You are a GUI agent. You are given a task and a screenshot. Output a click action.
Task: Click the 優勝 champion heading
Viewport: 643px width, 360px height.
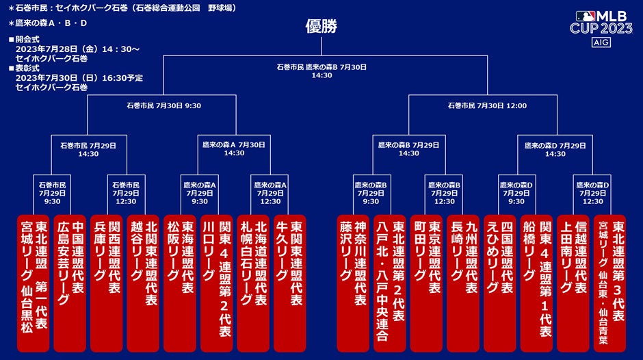coord(321,27)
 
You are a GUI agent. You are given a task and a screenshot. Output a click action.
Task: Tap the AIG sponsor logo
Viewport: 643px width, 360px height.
coord(600,43)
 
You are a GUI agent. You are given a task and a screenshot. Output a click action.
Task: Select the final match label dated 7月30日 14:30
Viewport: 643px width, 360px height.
coord(321,71)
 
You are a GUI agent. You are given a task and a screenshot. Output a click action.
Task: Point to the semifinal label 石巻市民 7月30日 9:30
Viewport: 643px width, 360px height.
coord(163,106)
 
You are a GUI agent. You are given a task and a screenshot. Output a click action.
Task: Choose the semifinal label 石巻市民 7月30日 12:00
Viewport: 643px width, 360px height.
coord(487,106)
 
